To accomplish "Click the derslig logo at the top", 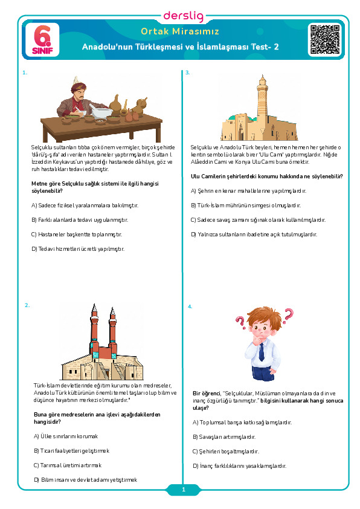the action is coord(184,16).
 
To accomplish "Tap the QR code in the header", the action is coord(324,40).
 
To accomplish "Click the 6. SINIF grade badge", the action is coord(42,40).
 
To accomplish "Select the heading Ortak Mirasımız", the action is coord(180,31).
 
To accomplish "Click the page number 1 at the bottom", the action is coord(184,489).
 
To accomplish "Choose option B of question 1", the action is coord(80,220).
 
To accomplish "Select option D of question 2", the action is coord(86,480).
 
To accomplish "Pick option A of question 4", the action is coord(242,423).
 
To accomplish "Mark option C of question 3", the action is coord(258,220).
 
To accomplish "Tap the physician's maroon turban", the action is coord(78,87).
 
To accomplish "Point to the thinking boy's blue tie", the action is coord(262,352).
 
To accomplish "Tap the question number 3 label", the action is coord(187,73).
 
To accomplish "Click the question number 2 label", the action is coord(27,305).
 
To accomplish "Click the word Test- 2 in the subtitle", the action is coord(265,47).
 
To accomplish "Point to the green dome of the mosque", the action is coord(231,117).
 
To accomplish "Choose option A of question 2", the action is coord(66,436).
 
